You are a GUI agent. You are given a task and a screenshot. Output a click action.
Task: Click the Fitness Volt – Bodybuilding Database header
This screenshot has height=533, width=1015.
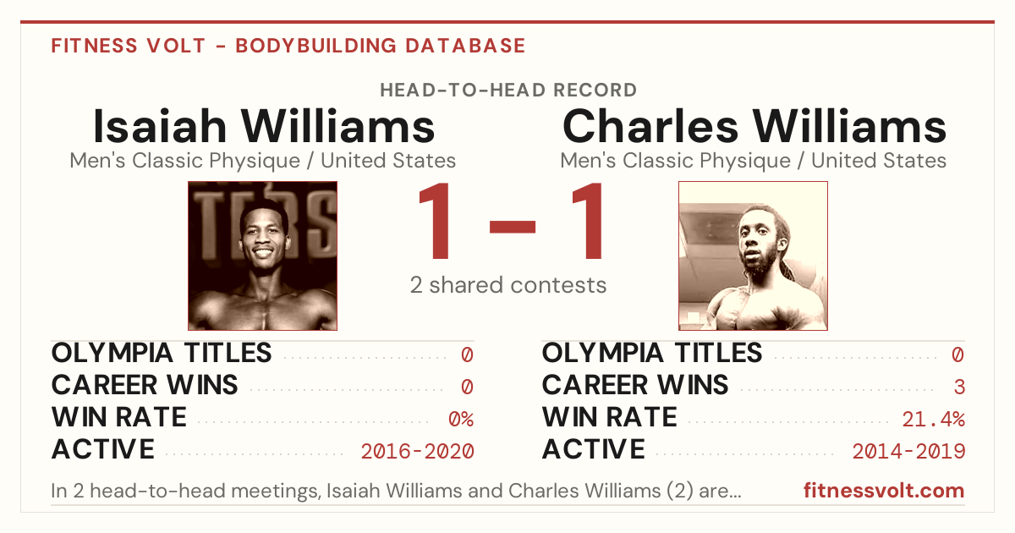click(288, 46)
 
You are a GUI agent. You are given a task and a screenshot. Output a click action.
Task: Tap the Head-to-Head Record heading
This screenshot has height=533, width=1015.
click(508, 91)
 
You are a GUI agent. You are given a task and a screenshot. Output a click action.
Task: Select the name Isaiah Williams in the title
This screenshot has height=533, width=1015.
click(264, 126)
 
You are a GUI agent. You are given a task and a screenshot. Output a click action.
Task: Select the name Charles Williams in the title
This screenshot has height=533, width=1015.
click(754, 126)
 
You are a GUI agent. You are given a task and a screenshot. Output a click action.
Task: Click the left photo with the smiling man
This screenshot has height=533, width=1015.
click(262, 256)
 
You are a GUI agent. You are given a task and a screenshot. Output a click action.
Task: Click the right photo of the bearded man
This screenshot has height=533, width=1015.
click(753, 256)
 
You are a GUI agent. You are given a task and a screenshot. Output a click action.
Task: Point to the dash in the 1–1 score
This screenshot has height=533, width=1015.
click(513, 226)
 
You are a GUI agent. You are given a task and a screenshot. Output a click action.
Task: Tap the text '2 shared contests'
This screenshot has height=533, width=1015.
click(508, 285)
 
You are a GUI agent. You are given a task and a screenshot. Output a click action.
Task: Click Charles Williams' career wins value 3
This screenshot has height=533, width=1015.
click(959, 387)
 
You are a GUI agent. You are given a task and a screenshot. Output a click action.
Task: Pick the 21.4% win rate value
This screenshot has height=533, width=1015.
click(934, 419)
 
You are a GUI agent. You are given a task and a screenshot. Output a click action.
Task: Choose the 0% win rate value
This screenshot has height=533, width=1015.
click(461, 419)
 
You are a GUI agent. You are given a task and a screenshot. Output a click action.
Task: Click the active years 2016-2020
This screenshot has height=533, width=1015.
click(417, 451)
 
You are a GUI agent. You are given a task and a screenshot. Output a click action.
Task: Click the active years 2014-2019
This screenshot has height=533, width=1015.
click(908, 451)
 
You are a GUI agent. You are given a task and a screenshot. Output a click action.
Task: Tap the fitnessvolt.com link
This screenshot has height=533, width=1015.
click(884, 491)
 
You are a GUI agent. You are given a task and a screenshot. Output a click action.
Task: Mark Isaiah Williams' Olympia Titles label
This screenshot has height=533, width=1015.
click(162, 353)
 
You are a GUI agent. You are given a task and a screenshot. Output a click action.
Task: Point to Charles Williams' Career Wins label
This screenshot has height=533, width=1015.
click(635, 385)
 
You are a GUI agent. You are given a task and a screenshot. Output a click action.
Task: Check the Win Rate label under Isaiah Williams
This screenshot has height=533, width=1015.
click(118, 417)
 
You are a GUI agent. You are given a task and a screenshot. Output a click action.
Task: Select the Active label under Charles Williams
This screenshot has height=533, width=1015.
click(593, 449)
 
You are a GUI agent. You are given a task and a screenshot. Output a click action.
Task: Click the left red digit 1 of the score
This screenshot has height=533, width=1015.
click(436, 220)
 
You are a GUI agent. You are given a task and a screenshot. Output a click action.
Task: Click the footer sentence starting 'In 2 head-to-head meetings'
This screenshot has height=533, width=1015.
click(396, 491)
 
